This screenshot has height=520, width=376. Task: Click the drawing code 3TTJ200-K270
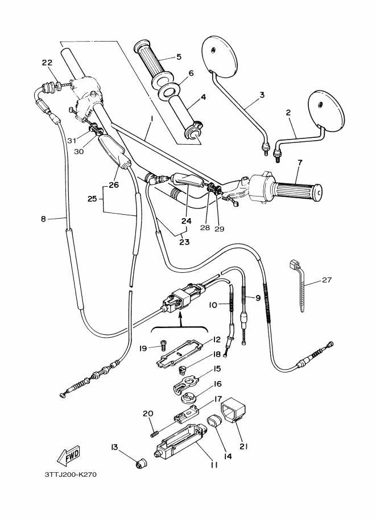pyautogui.click(x=70, y=474)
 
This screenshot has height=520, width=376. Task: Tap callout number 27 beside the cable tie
pyautogui.click(x=327, y=280)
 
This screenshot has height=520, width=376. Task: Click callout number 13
pyautogui.click(x=114, y=447)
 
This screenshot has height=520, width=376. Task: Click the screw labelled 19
pyautogui.click(x=162, y=345)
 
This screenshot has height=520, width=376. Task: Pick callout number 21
pyautogui.click(x=243, y=447)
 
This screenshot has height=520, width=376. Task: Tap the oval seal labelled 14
pyautogui.click(x=214, y=420)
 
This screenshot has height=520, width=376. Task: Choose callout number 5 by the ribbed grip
pyautogui.click(x=179, y=57)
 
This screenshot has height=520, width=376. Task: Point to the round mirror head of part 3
pyautogui.click(x=220, y=54)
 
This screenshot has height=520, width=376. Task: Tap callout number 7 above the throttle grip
pyautogui.click(x=300, y=163)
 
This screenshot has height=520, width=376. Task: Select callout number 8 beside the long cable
pyautogui.click(x=43, y=219)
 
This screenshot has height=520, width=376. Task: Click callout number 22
pyautogui.click(x=47, y=63)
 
